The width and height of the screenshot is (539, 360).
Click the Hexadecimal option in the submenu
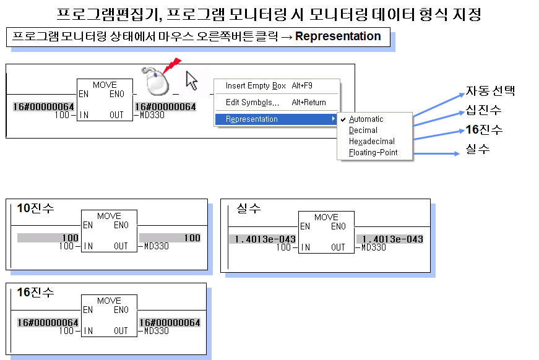(x=371, y=142)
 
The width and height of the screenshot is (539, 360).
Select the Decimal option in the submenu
(x=363, y=131)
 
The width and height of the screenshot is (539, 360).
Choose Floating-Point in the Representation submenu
(x=373, y=153)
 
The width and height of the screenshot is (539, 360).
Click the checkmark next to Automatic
(x=343, y=119)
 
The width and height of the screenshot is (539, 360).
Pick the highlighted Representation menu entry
(x=252, y=119)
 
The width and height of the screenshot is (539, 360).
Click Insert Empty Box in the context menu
(x=256, y=86)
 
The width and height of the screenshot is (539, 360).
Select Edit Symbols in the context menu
(x=252, y=103)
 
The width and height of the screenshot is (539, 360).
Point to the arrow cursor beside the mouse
(x=191, y=80)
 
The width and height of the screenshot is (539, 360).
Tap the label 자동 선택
(x=490, y=92)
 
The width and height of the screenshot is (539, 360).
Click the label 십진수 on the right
(x=484, y=111)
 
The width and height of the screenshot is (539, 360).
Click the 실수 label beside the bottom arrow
(x=477, y=149)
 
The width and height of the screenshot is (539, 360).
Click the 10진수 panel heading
(x=35, y=208)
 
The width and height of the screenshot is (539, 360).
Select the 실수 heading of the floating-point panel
(x=248, y=208)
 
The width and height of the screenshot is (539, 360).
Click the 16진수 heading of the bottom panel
(x=35, y=292)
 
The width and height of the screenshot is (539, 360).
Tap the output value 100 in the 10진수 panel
(x=192, y=238)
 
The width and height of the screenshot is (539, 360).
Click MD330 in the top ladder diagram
(x=151, y=115)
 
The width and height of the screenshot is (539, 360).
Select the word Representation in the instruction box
(x=338, y=36)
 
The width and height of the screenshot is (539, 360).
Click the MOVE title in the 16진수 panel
(x=109, y=301)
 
